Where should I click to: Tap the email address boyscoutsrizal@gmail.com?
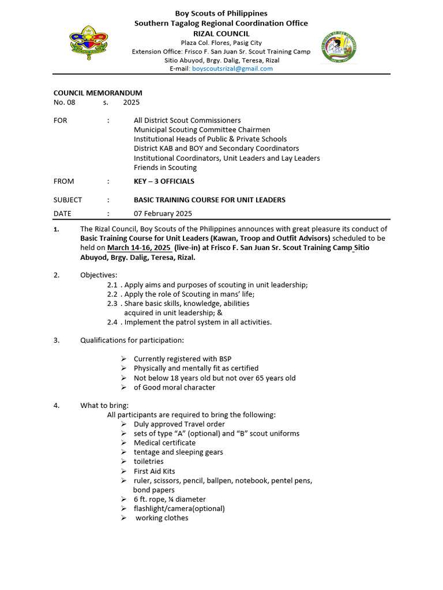pos(232,69)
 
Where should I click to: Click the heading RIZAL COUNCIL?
pos(221,34)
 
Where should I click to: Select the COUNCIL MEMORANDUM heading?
pos(98,93)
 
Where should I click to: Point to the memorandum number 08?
pos(71,103)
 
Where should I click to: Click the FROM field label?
pos(63,181)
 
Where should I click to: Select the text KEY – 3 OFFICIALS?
pos(164,181)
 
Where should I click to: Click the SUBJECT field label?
pos(67,200)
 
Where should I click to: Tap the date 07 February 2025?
pos(163,213)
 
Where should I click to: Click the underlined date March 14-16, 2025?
pos(138,248)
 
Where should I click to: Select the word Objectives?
pos(99,275)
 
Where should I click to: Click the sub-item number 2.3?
pos(112,304)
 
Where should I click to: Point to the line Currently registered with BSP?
pos(182,359)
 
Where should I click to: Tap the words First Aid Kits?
pos(154,471)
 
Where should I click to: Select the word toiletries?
pos(149,462)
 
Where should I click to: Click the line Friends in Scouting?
pos(165,168)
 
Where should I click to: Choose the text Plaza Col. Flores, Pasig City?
pos(221,43)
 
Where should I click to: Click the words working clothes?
pos(162,518)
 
